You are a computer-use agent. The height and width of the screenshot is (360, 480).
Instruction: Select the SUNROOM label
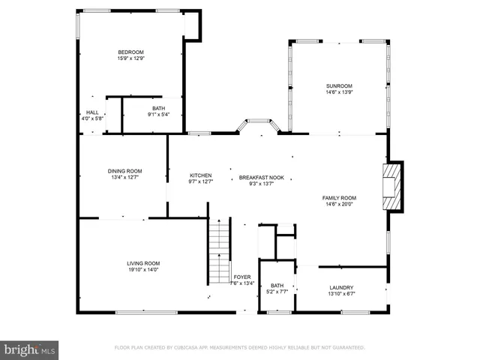click(339, 86)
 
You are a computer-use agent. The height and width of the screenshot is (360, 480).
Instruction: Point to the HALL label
click(91, 112)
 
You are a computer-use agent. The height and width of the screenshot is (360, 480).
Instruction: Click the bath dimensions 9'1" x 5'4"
click(158, 115)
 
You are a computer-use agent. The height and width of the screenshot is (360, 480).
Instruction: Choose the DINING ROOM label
click(124, 171)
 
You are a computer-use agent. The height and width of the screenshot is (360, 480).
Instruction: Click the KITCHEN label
click(200, 175)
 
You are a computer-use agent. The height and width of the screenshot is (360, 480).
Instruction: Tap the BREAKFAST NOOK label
click(262, 178)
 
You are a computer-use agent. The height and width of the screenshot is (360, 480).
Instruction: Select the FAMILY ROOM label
click(339, 198)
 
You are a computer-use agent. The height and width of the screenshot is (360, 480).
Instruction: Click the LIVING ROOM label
click(142, 263)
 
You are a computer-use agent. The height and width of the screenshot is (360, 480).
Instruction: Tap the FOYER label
click(242, 277)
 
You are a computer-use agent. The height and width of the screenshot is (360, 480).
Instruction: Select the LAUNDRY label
click(341, 287)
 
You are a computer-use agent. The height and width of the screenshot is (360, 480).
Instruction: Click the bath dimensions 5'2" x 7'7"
click(277, 292)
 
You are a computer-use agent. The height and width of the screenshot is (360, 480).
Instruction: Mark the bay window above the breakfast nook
click(259, 124)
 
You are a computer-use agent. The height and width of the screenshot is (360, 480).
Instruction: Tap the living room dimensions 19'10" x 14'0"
click(142, 270)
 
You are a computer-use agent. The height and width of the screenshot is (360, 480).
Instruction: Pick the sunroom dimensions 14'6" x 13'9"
click(339, 93)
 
